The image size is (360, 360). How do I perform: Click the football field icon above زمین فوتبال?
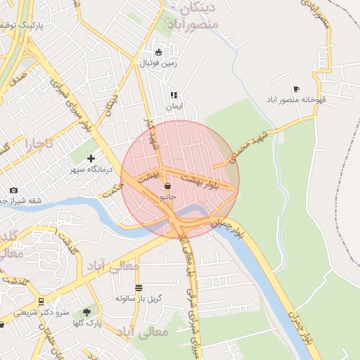(x=159, y=52)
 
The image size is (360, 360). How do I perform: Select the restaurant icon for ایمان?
(x=173, y=95)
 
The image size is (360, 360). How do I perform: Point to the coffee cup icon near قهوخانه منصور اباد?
(x=296, y=89)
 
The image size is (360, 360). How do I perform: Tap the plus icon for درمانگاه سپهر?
(x=91, y=158)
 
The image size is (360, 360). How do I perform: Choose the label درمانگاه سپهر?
(x=86, y=169)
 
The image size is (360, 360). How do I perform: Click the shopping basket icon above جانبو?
(x=167, y=186)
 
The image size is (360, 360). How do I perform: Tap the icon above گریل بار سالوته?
(x=139, y=287)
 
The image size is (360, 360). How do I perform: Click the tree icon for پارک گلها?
(x=87, y=311)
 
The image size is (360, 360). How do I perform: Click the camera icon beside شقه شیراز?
(x=13, y=191)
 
